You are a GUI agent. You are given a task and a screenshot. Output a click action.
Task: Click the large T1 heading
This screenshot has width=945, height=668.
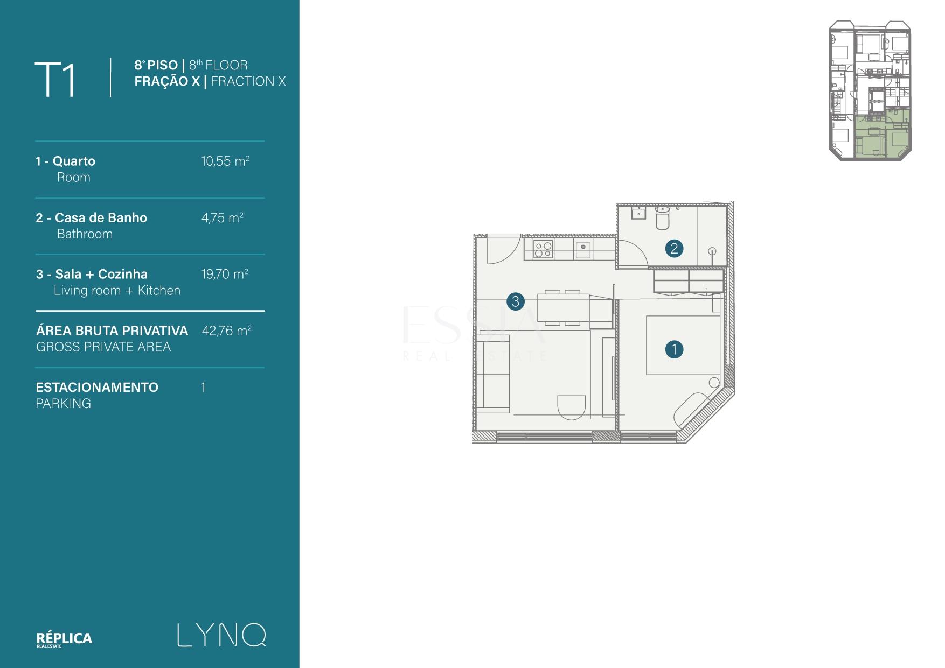(x=55, y=80)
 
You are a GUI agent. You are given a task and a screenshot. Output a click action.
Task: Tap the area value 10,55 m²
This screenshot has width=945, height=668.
(x=225, y=161)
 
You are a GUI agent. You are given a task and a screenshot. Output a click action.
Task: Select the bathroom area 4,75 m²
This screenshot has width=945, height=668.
(x=222, y=217)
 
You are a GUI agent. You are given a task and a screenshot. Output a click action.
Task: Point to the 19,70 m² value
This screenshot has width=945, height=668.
(x=225, y=274)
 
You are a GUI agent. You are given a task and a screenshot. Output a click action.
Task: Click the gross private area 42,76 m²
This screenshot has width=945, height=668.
(x=226, y=331)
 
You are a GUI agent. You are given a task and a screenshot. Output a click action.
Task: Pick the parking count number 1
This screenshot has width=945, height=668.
(x=203, y=388)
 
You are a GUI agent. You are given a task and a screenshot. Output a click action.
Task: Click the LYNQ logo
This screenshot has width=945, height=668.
(x=221, y=635)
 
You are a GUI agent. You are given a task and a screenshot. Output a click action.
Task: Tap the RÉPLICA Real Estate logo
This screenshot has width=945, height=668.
(x=64, y=639)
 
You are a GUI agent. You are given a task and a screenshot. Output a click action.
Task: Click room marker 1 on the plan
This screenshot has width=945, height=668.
(x=674, y=349)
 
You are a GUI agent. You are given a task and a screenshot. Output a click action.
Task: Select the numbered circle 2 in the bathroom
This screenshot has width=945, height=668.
(x=674, y=248)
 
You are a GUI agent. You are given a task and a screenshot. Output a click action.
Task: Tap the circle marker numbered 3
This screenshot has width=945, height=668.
(x=516, y=301)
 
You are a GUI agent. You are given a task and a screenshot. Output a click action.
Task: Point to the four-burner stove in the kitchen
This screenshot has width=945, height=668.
(x=543, y=249)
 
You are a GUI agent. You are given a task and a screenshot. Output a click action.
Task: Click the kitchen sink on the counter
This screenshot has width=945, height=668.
(x=583, y=250)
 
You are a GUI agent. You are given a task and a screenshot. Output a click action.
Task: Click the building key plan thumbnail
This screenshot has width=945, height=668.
(x=870, y=90)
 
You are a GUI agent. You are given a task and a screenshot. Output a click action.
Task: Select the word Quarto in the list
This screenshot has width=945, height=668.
(x=74, y=161)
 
